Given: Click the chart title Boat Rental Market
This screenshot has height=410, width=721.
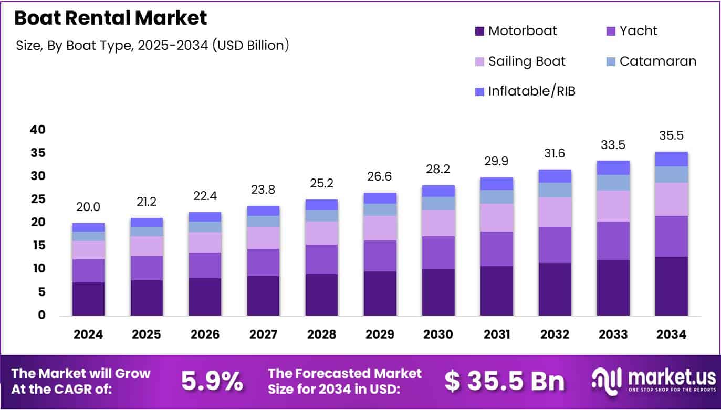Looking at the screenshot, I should (110, 18).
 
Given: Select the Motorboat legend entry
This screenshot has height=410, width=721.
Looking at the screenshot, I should (522, 31).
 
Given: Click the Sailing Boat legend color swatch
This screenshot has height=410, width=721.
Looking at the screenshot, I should (480, 62).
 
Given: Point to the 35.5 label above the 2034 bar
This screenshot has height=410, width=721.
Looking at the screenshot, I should (672, 136).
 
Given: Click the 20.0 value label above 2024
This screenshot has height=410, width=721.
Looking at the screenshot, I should (88, 207).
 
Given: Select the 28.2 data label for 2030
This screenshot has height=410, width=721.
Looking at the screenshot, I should (438, 170).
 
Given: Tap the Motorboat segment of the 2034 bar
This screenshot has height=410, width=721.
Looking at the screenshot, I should (672, 286).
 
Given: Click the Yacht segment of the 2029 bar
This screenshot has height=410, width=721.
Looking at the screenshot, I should (380, 256).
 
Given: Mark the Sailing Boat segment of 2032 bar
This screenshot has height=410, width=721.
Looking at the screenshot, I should (555, 212).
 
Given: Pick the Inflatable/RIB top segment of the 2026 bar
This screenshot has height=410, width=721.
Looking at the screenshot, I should (205, 217).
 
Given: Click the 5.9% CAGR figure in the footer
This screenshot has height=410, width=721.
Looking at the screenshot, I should (212, 382).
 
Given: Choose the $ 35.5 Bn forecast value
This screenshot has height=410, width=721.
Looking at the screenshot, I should (504, 382).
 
